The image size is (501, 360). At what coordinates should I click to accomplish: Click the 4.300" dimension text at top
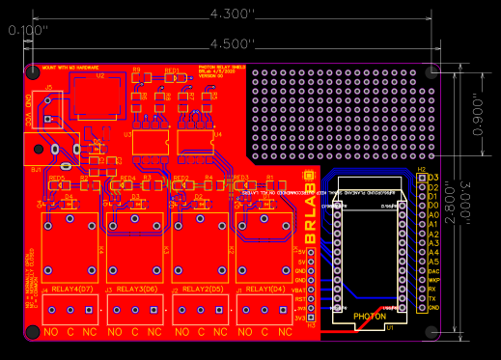[232, 14]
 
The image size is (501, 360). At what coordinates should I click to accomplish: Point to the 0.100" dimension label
[28, 30]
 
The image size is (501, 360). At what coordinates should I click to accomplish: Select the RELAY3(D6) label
[137, 290]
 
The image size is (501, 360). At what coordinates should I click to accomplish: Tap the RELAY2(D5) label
[202, 290]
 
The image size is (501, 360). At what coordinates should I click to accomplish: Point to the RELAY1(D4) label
[264, 290]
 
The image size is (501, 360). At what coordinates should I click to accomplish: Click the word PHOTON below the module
[370, 317]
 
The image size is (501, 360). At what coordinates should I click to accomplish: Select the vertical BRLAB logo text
[311, 208]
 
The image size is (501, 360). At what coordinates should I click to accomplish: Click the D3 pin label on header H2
[433, 178]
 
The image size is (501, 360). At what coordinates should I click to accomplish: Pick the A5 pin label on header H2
[433, 262]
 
